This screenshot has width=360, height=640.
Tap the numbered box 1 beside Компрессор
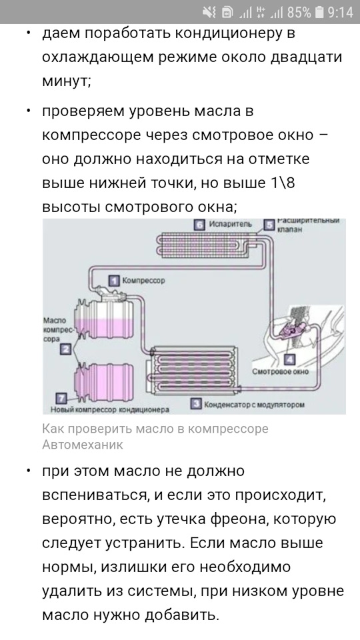point(114,281)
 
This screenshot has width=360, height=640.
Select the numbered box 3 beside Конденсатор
point(196,404)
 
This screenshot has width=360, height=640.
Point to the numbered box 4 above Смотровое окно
point(289,359)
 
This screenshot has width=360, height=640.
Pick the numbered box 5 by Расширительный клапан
point(269,225)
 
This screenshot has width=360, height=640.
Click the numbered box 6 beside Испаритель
point(199,225)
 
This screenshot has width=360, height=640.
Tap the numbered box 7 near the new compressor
point(61,399)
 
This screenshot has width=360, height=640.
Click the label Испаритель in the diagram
point(231,224)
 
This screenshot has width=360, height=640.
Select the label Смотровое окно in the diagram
point(281,371)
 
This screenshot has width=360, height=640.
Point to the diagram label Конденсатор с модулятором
point(254,405)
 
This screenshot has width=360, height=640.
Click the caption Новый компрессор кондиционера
point(110,409)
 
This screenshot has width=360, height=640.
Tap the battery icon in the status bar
point(319,12)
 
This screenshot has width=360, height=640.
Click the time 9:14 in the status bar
point(340,12)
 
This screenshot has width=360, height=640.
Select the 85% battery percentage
point(299,12)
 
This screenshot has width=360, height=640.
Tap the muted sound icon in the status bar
point(209,13)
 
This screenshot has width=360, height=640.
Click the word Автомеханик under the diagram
point(83,444)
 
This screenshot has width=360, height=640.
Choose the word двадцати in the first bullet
point(307,58)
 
